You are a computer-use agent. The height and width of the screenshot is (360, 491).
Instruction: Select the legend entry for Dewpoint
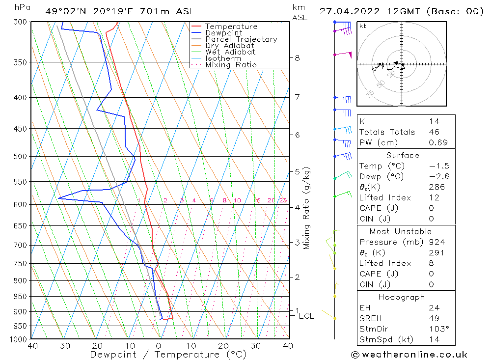tap(223, 33)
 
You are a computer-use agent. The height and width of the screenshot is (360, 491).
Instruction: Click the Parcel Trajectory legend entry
tap(241, 39)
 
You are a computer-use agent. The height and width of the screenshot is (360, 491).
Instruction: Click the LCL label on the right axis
tap(306, 316)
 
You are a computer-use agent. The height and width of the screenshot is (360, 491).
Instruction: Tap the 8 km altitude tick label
tap(297, 58)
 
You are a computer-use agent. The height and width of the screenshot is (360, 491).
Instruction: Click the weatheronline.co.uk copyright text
tap(409, 355)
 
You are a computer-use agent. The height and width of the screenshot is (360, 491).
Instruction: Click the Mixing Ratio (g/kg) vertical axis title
tap(307, 208)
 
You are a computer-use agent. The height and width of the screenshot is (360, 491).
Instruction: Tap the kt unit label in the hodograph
tap(363, 26)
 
